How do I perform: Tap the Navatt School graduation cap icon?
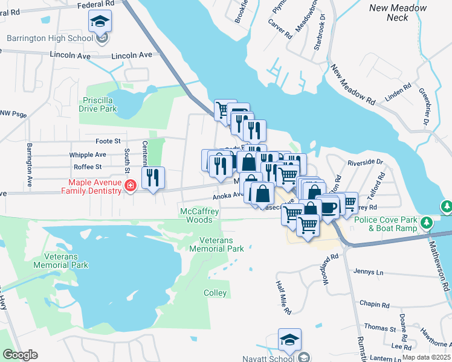(289, 340)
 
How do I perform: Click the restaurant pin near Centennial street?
(153, 177)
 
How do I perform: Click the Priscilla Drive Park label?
(97, 105)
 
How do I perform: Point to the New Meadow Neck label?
(398, 13)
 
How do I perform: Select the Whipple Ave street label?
(88, 154)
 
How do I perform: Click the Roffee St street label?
(87, 167)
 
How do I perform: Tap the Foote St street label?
(108, 141)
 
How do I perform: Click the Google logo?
(20, 355)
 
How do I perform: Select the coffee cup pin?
(327, 207)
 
